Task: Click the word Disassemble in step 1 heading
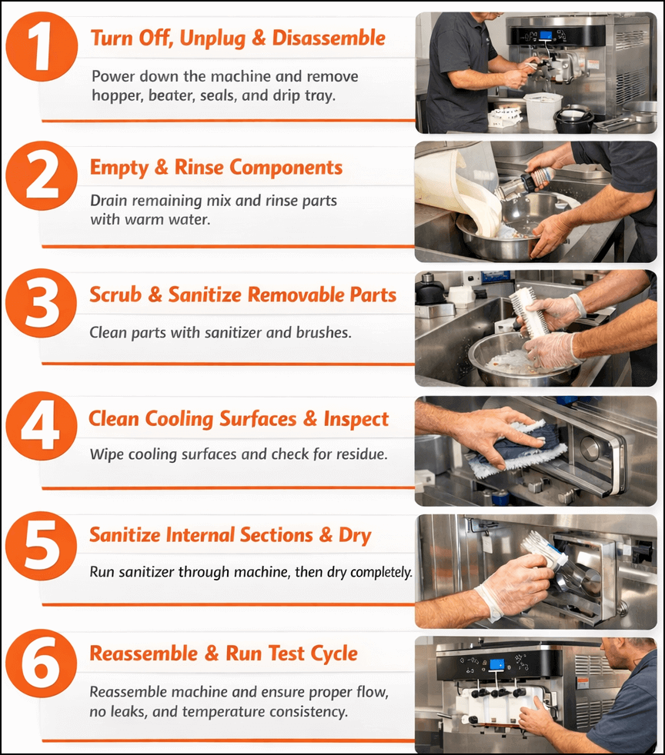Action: pyautogui.click(x=332, y=38)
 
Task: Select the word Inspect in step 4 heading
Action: pyautogui.click(x=353, y=419)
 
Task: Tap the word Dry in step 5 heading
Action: pyautogui.click(x=355, y=535)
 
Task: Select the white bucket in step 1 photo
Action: pyautogui.click(x=542, y=110)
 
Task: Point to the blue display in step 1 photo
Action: pyautogui.click(x=546, y=35)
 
